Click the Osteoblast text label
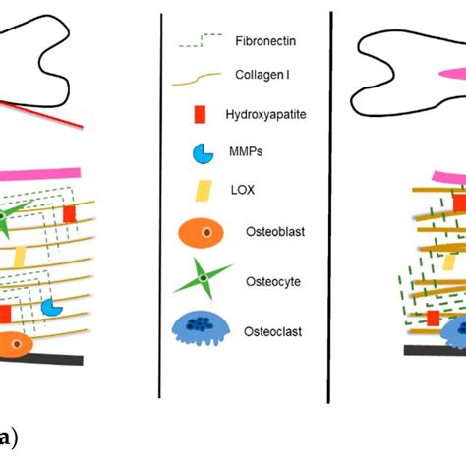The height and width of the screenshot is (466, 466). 265,232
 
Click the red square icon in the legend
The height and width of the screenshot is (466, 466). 201,116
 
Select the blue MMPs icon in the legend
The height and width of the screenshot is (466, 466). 202,154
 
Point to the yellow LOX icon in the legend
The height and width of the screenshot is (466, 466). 203,193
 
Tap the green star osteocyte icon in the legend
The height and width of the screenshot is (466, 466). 202,280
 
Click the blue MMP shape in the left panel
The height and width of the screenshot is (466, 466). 51,308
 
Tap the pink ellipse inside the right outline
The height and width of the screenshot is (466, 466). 450,75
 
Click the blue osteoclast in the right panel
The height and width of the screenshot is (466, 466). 454,332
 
